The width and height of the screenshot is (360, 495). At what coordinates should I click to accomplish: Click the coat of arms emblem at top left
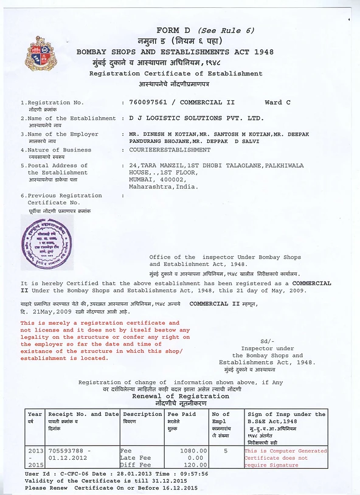click(37, 54)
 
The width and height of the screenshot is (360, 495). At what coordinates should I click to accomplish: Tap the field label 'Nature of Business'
click(60, 150)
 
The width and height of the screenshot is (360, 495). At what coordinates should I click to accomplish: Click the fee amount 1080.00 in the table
click(195, 451)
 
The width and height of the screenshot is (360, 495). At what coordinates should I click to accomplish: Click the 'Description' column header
click(142, 414)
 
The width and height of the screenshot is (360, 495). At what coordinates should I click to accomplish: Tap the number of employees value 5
click(226, 451)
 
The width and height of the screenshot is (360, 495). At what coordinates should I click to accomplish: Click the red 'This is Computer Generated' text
click(285, 451)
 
